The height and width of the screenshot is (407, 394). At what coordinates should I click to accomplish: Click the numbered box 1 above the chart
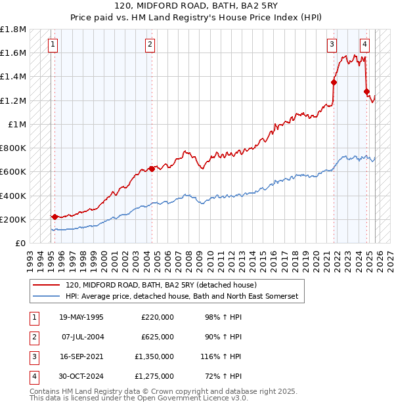(53, 45)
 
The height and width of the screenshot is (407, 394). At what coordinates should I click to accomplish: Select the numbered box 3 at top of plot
(332, 45)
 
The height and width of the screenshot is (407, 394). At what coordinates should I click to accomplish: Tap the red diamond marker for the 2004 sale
(152, 169)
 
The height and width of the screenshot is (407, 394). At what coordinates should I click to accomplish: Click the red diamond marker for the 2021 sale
(334, 82)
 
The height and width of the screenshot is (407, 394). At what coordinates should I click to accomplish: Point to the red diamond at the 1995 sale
(55, 217)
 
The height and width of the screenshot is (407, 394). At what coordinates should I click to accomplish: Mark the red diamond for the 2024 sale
(366, 91)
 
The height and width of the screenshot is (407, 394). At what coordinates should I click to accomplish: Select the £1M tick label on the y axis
(17, 124)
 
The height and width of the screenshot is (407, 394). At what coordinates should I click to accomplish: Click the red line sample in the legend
(46, 285)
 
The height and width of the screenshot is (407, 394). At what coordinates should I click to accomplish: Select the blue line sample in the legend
(46, 297)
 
